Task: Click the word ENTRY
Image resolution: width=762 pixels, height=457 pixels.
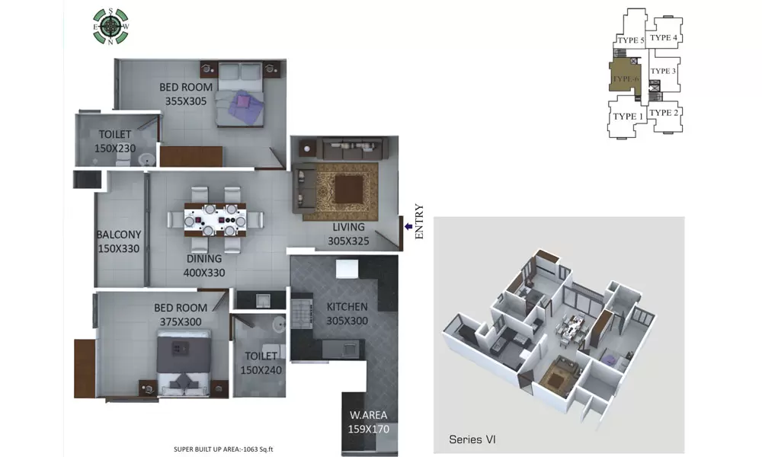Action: pyautogui.click(x=418, y=222)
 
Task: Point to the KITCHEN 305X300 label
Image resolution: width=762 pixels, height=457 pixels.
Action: pyautogui.click(x=347, y=313)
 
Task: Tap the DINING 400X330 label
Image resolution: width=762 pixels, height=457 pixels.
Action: pyautogui.click(x=203, y=265)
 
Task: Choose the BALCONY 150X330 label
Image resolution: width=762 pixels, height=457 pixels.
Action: pyautogui.click(x=119, y=241)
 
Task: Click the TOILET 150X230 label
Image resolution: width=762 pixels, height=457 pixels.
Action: pyautogui.click(x=115, y=142)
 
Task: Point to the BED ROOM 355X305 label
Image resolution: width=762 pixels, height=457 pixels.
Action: pyautogui.click(x=186, y=94)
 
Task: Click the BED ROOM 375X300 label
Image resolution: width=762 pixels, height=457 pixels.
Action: pyautogui.click(x=181, y=315)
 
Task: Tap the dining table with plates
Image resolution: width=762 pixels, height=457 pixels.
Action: pyautogui.click(x=215, y=216)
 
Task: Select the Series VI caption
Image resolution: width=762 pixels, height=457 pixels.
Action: pyautogui.click(x=472, y=439)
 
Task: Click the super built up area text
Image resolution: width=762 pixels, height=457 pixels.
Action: pyautogui.click(x=223, y=449)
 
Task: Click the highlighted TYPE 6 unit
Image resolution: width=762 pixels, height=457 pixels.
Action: pyautogui.click(x=626, y=78)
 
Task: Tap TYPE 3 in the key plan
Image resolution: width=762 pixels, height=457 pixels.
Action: pyautogui.click(x=664, y=72)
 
